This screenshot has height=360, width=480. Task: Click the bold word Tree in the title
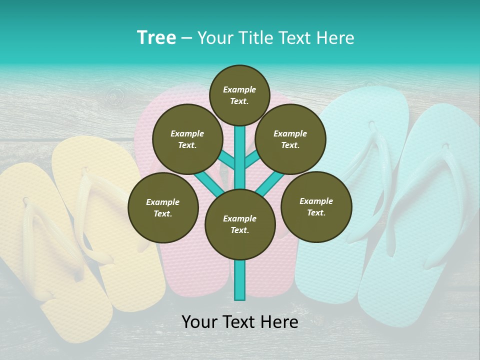[156, 38]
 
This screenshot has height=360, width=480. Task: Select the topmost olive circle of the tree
[239, 95]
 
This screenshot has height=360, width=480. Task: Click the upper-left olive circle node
[187, 139]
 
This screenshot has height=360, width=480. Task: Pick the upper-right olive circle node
[290, 139]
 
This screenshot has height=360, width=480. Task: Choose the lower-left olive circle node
[163, 207]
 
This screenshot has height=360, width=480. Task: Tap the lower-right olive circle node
[316, 206]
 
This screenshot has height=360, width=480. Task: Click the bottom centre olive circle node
[240, 224]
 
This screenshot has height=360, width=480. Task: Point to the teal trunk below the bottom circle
[240, 280]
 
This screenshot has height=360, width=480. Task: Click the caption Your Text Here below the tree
[240, 322]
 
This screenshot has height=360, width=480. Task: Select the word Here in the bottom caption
[278, 322]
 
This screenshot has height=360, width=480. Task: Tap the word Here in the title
[336, 38]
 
